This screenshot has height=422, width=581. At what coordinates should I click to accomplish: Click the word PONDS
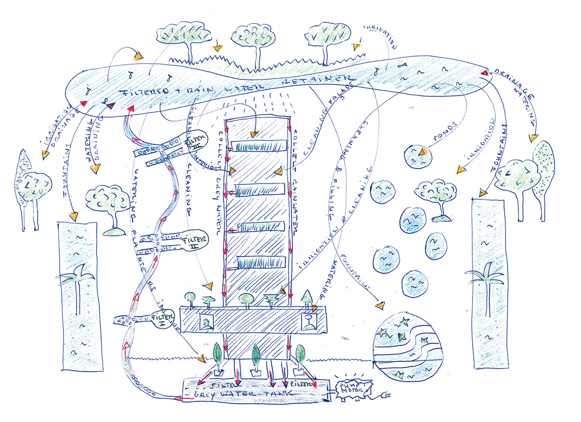point(445,131)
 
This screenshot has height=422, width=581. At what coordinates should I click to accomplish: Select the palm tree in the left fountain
point(78,286)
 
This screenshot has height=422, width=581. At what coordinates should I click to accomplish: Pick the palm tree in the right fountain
point(487,286)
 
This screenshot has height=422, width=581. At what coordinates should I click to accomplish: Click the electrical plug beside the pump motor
point(386,395)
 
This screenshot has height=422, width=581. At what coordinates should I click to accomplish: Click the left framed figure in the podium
point(206,322)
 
